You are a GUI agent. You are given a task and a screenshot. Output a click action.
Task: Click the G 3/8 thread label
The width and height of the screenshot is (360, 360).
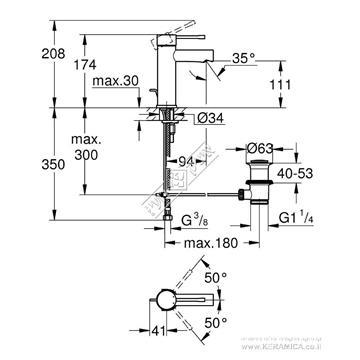tap(183, 212)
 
